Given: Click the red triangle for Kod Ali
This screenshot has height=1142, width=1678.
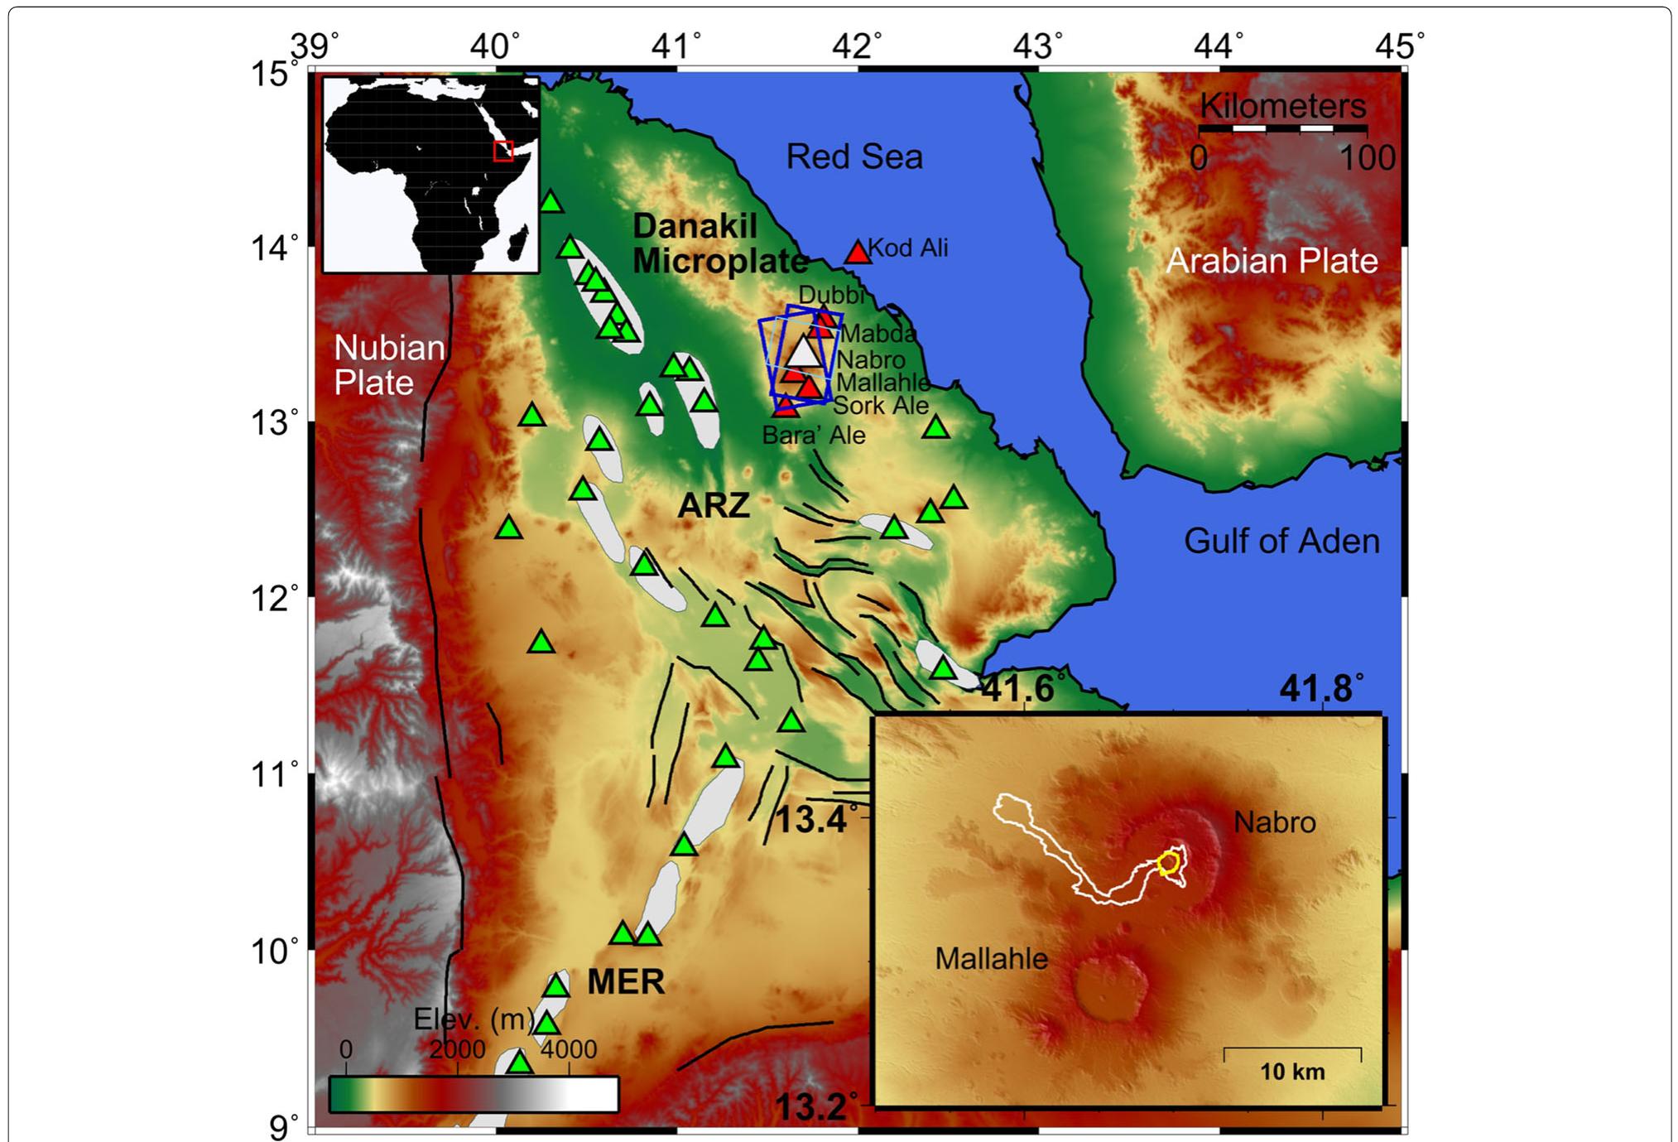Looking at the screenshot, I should click(858, 252).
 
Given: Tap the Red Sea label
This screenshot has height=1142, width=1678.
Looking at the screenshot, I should click(853, 157).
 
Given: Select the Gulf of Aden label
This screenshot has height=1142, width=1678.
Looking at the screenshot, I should click(1281, 541).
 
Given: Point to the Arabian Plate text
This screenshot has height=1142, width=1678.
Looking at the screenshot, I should click(1272, 261).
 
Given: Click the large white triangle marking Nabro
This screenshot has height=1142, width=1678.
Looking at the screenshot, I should click(802, 352).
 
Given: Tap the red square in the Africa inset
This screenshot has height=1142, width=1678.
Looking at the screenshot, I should click(503, 151).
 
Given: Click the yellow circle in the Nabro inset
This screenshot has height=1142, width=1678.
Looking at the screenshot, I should click(1168, 864).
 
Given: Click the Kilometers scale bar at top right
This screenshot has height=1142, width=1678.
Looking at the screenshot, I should click(1282, 128).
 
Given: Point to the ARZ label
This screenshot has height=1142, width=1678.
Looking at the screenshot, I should click(714, 505).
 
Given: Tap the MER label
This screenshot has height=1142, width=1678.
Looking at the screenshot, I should click(626, 982).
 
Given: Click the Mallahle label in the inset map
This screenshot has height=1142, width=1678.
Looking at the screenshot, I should click(991, 959).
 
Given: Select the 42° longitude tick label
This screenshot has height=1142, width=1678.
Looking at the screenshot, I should click(858, 46).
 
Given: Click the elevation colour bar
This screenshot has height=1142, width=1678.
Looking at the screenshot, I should click(474, 1094).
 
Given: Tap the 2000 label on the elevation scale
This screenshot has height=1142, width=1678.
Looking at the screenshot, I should click(457, 1050).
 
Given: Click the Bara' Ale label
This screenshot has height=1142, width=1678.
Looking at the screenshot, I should click(813, 436).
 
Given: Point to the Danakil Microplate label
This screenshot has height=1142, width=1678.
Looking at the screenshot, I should click(719, 243).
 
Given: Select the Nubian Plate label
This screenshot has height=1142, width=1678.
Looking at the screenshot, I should click(389, 365).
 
